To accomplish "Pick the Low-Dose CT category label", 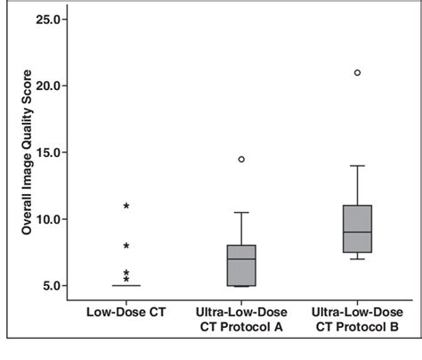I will click(126, 313).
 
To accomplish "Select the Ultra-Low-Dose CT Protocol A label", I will click(241, 319).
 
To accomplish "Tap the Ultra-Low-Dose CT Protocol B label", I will click(357, 319).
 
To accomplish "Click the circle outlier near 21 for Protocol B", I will click(357, 73).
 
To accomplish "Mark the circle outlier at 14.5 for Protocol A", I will click(241, 160).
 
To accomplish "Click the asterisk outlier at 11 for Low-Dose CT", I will click(126, 207).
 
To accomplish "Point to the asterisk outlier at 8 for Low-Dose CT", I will click(126, 247).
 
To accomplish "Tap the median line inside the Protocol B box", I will click(357, 233).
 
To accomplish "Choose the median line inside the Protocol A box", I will click(241, 259).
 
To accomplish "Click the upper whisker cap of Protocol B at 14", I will click(357, 166).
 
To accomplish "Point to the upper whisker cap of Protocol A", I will click(241, 213).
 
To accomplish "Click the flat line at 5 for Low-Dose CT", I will click(126, 286).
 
